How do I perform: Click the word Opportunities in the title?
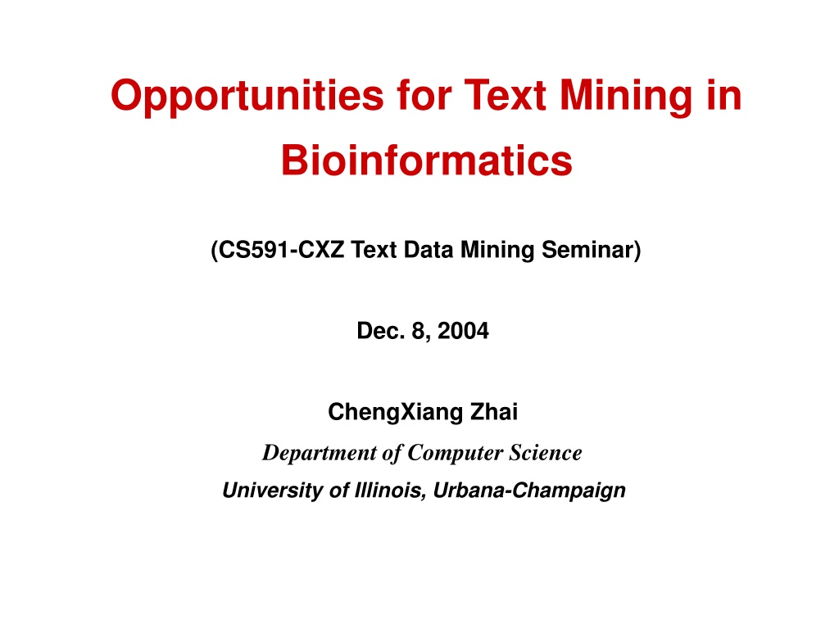247,97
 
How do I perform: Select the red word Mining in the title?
626,97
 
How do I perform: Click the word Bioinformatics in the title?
426,161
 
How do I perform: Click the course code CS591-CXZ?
282,250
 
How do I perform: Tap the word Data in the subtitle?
428,250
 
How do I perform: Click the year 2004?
463,331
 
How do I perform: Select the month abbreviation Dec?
381,331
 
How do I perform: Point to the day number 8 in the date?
418,331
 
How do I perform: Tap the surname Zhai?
494,411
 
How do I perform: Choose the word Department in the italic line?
320,453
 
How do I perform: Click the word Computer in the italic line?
455,453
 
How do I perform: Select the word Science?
545,452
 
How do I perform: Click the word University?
272,491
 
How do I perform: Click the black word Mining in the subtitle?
497,251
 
